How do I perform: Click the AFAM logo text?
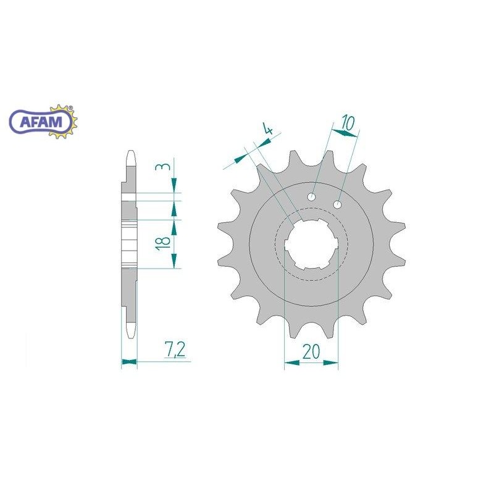click(41, 122)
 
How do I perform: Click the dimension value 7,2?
click(175, 350)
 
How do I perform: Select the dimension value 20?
click(311, 351)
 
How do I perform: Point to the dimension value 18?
click(163, 243)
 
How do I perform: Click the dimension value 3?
click(163, 166)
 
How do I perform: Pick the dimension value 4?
click(268, 129)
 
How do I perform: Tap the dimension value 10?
click(348, 122)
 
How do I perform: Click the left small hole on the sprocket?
click(312, 196)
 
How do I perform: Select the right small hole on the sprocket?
click(337, 204)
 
